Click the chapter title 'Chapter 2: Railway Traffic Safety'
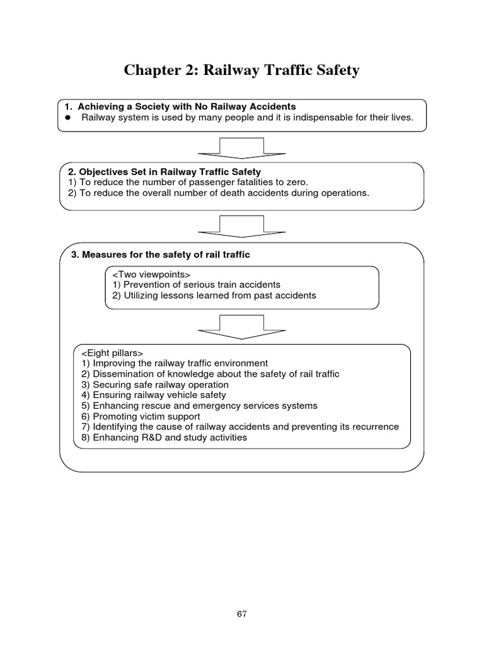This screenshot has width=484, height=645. tap(242, 71)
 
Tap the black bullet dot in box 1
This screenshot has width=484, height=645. tap(68, 118)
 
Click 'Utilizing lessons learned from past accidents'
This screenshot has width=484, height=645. tap(214, 295)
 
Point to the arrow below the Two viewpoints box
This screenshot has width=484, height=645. tap(242, 326)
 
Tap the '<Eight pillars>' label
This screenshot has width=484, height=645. tap(112, 353)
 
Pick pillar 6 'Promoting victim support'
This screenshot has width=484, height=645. tap(141, 416)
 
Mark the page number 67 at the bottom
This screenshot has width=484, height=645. tap(242, 614)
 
